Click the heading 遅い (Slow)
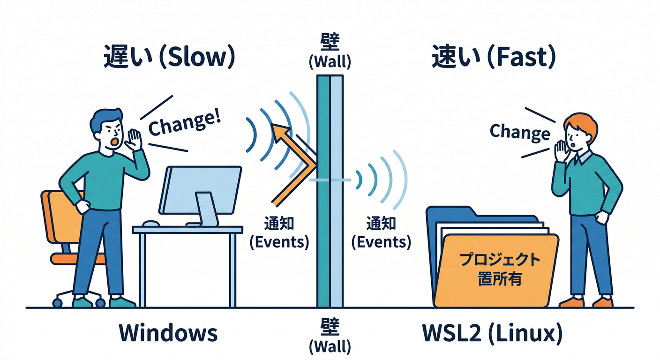[168, 58]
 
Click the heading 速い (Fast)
[494, 58]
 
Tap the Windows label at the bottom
[168, 333]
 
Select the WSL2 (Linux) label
[492, 333]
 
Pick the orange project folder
[497, 272]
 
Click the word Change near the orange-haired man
[520, 132]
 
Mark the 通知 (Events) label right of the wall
[381, 232]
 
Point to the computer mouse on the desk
[151, 224]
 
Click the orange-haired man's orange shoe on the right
[602, 302]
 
